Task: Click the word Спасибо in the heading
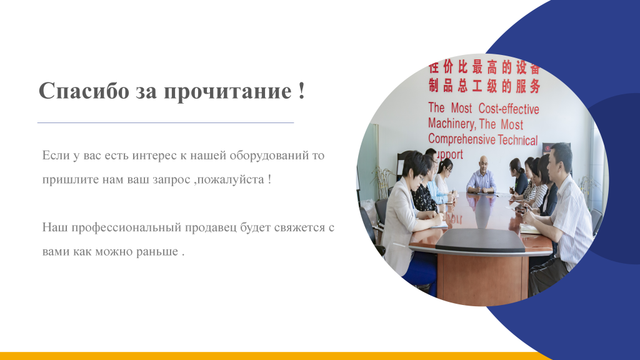click(x=84, y=91)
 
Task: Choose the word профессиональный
click(x=126, y=227)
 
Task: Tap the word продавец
click(x=211, y=227)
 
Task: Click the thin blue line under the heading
click(x=166, y=122)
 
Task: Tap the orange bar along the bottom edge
click(x=274, y=356)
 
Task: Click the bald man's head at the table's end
click(x=483, y=163)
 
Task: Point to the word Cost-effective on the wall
click(x=509, y=109)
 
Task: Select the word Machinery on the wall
click(x=452, y=124)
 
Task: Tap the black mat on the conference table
click(x=481, y=241)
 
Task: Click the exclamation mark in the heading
click(x=301, y=91)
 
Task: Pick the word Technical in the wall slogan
click(x=518, y=140)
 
